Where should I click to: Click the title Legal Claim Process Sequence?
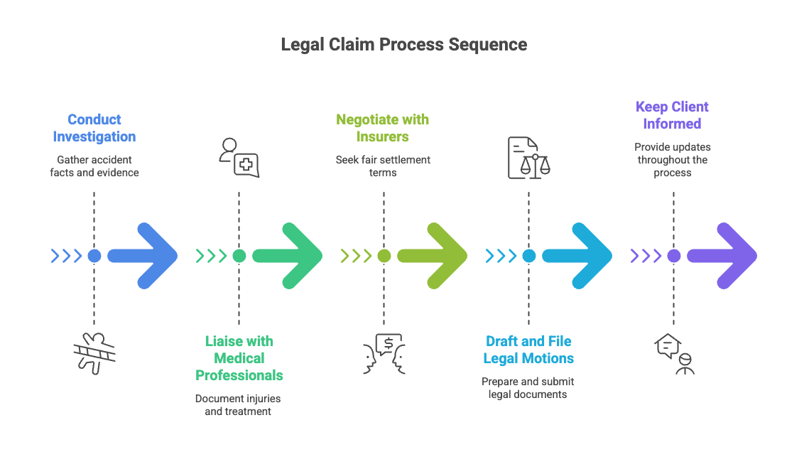pos(404,45)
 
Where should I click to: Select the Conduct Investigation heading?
pos(94,128)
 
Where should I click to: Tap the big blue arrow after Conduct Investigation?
pos(142,256)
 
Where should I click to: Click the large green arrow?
pos(288,256)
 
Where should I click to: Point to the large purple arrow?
pos(722,256)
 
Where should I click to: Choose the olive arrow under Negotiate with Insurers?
pos(433,256)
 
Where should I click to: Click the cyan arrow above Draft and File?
pos(577,256)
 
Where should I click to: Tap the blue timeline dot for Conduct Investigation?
pos(94,256)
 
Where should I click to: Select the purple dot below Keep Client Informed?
pos(674,256)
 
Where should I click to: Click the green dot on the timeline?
pos(239,256)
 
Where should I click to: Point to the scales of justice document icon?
pos(529,158)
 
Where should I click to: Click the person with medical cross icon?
pos(239,158)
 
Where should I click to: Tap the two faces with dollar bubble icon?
pos(384,354)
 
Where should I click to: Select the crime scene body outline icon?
pos(94,354)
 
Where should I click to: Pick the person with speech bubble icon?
pos(674,354)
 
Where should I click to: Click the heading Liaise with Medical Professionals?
pos(239,358)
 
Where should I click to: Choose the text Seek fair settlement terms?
pos(383,166)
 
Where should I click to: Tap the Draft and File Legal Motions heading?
pos(528,350)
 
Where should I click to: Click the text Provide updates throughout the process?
pos(673,160)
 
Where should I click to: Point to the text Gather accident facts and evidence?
pos(94,166)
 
